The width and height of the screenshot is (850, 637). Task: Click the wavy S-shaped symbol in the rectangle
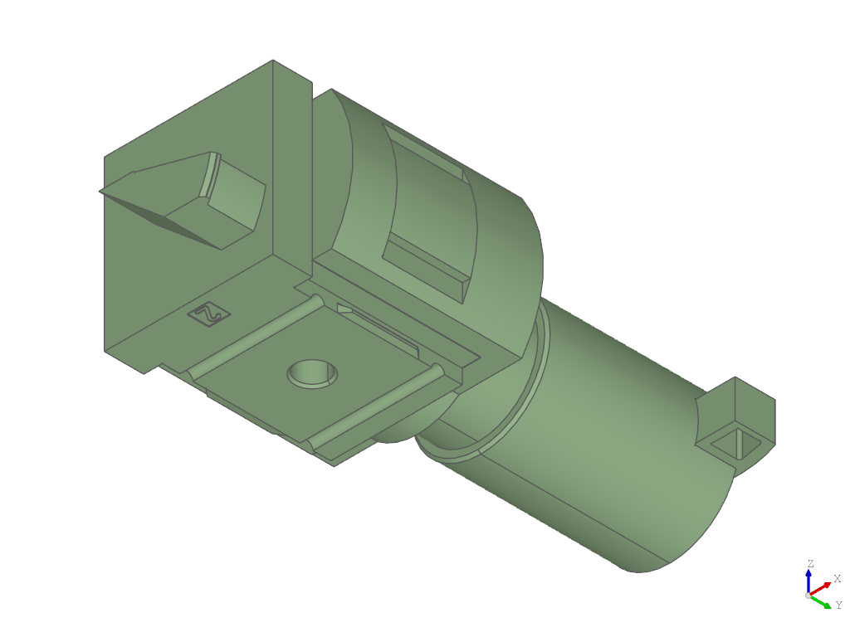(208, 314)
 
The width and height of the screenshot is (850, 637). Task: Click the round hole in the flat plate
(312, 373)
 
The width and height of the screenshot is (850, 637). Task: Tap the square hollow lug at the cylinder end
(737, 420)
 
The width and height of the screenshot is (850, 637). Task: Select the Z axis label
(810, 563)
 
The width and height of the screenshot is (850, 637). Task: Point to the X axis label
(837, 578)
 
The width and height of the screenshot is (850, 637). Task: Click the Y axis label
(838, 605)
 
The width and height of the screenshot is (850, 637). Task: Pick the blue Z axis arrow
(808, 581)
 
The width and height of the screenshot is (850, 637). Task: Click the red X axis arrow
(820, 588)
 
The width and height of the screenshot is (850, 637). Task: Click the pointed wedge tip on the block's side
(100, 192)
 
